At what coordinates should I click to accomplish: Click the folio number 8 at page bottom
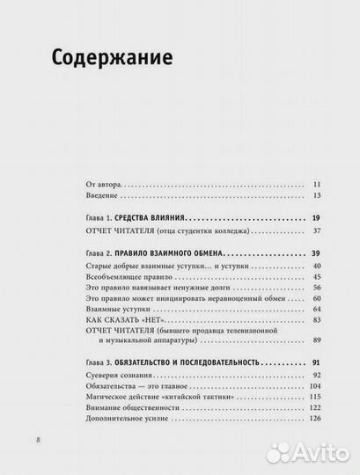36,440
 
